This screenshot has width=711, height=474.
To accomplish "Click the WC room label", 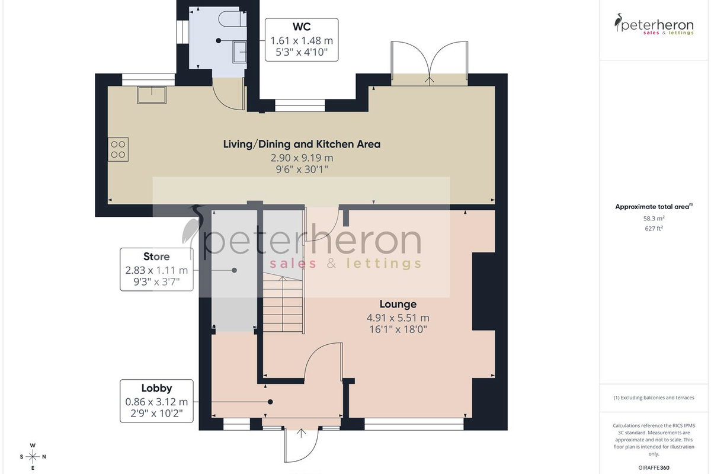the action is click(x=302, y=27).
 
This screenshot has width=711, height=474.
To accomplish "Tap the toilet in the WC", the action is click(x=233, y=19).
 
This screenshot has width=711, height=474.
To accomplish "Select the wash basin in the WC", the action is click(x=239, y=52).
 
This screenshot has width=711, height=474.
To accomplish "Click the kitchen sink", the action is click(x=152, y=95).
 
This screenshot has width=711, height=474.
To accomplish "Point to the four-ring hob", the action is click(x=118, y=149).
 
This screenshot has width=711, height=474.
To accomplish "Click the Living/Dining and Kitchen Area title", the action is click(x=302, y=144).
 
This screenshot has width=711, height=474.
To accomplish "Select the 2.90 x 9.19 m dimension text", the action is click(x=302, y=158).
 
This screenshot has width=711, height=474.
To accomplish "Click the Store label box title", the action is click(x=156, y=256).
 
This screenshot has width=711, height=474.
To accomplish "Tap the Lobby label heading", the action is click(x=156, y=388).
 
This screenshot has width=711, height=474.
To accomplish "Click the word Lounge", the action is click(x=398, y=304).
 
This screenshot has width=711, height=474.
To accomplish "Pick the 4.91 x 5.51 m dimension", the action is click(x=398, y=318).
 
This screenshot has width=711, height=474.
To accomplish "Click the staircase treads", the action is click(x=283, y=304).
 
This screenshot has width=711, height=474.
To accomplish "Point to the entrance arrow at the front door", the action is click(x=301, y=433).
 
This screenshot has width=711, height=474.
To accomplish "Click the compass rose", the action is click(x=33, y=457).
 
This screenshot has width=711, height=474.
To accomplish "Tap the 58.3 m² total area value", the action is click(x=654, y=219).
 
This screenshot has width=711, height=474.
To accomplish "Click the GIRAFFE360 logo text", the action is click(x=654, y=467).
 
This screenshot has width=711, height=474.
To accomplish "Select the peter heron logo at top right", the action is click(x=654, y=24).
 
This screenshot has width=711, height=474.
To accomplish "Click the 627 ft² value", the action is click(x=654, y=228).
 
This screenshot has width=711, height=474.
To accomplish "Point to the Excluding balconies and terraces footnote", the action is click(x=654, y=398).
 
